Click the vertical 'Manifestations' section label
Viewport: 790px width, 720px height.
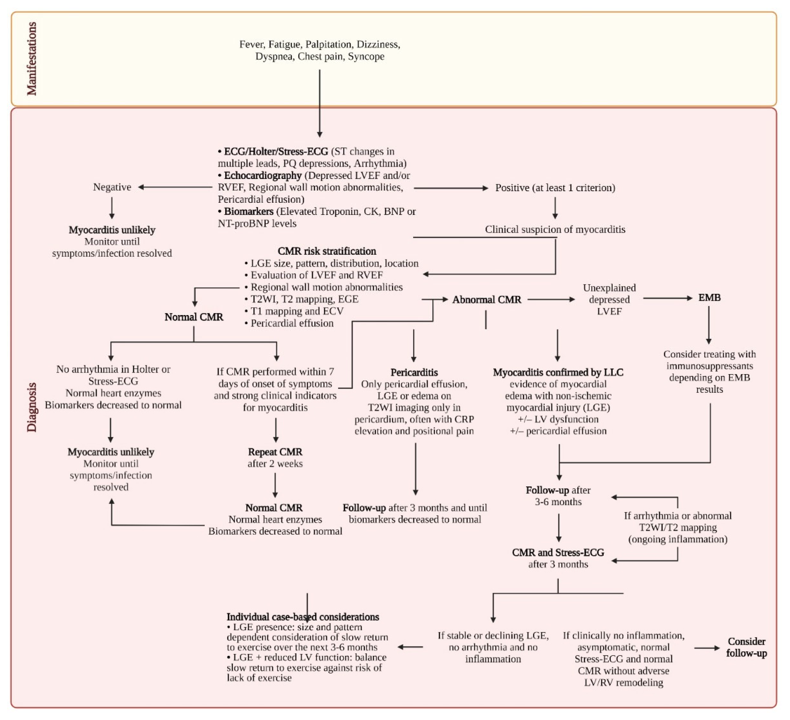(31, 59)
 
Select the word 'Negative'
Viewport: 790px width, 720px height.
(112, 187)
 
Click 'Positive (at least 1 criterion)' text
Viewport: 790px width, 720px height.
(555, 188)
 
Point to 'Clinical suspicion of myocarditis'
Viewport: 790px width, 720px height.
(555, 229)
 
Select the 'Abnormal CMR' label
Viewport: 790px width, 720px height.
(487, 300)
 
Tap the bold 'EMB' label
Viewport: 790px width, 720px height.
(709, 298)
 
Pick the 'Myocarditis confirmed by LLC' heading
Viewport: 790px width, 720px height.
(558, 372)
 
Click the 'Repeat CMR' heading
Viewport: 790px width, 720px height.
(275, 452)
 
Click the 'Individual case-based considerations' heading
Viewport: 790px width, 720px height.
(302, 617)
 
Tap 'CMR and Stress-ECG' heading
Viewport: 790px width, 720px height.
(558, 553)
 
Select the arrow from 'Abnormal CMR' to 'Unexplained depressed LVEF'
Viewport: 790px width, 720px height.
(551, 300)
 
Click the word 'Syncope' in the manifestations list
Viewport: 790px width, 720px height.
(366, 57)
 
